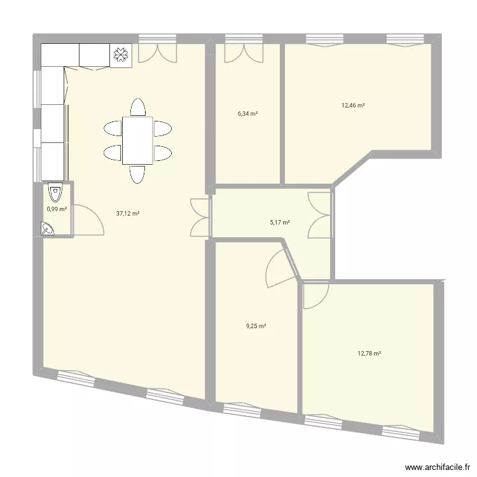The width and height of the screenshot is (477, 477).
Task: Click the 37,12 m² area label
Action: pyautogui.click(x=128, y=214)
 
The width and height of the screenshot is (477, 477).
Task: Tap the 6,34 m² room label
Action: pyautogui.click(x=248, y=114)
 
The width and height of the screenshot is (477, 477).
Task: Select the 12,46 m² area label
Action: pyautogui.click(x=353, y=106)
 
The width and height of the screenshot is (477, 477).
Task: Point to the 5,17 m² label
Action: pyautogui.click(x=280, y=223)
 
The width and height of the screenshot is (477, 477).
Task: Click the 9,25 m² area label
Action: pyautogui.click(x=256, y=326)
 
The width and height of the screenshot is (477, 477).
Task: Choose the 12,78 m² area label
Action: pyautogui.click(x=369, y=354)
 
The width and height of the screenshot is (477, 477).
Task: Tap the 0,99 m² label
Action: pyautogui.click(x=57, y=209)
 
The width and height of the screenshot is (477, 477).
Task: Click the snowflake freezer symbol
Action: pyautogui.click(x=120, y=55)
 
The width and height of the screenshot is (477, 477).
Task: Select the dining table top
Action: pyautogui.click(x=137, y=140)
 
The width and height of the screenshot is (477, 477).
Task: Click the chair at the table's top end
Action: pyautogui.click(x=137, y=106)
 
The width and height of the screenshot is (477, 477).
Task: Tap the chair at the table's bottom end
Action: pyautogui.click(x=137, y=173)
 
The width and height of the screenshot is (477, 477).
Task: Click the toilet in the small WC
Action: pyautogui.click(x=56, y=190)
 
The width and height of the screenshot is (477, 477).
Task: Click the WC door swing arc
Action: pyautogui.click(x=88, y=219)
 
